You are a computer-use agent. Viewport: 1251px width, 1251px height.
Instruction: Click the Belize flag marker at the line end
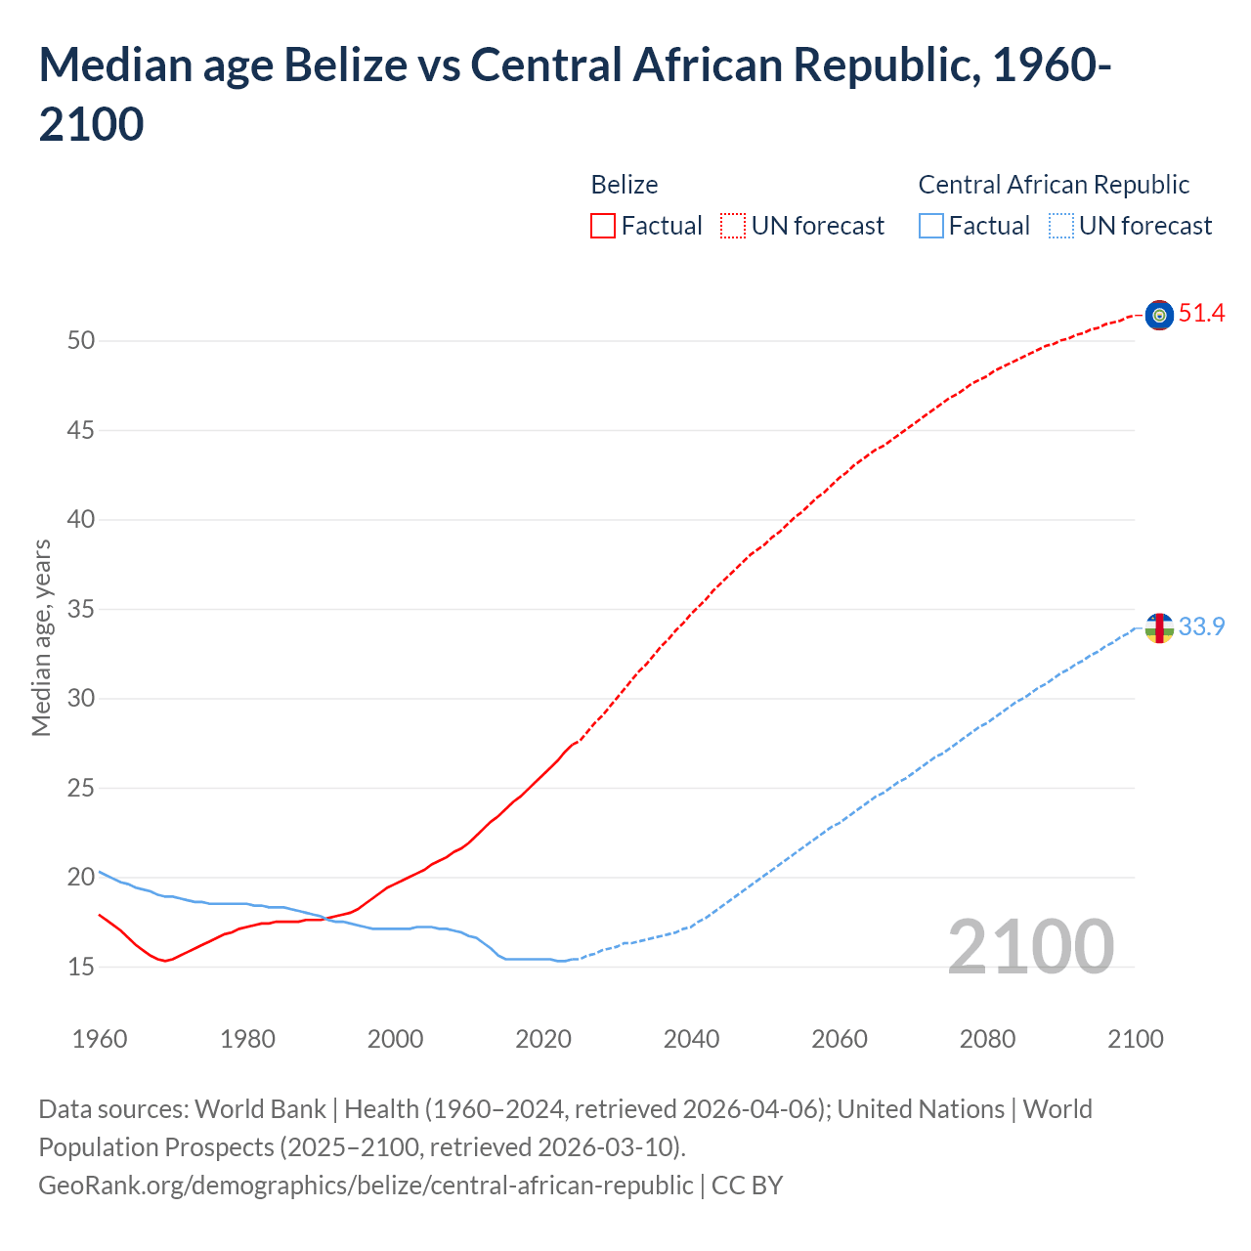click(1159, 315)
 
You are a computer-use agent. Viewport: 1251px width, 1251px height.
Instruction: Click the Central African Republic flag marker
click(1159, 627)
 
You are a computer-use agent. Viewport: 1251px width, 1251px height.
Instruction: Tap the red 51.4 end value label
click(1201, 314)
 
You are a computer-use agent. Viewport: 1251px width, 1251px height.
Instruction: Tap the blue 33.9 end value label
click(1201, 626)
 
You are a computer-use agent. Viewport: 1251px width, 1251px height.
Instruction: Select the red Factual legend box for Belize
click(603, 226)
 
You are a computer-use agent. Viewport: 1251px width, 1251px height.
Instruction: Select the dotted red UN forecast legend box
click(733, 226)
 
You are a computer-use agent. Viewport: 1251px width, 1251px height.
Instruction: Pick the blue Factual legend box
click(931, 226)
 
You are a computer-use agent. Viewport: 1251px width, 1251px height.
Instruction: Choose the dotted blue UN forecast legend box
click(1061, 226)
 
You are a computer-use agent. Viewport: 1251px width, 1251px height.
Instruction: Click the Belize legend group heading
click(625, 185)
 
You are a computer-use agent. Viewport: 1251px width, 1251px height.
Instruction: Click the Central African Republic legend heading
click(1054, 185)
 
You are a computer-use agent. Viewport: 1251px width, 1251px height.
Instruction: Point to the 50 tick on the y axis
click(81, 341)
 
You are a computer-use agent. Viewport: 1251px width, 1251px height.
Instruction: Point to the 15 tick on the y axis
click(81, 967)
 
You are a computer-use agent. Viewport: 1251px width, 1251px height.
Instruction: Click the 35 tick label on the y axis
click(81, 610)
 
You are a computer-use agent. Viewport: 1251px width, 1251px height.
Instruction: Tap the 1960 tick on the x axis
click(100, 1039)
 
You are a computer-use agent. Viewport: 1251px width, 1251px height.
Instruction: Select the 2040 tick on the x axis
click(691, 1039)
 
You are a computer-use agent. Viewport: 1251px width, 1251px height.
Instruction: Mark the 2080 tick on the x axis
click(987, 1039)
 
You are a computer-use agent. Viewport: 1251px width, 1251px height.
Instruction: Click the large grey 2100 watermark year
click(1030, 946)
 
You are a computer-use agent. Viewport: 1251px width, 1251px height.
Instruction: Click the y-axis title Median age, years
click(41, 637)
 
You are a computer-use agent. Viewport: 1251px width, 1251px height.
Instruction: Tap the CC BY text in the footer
click(747, 1186)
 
